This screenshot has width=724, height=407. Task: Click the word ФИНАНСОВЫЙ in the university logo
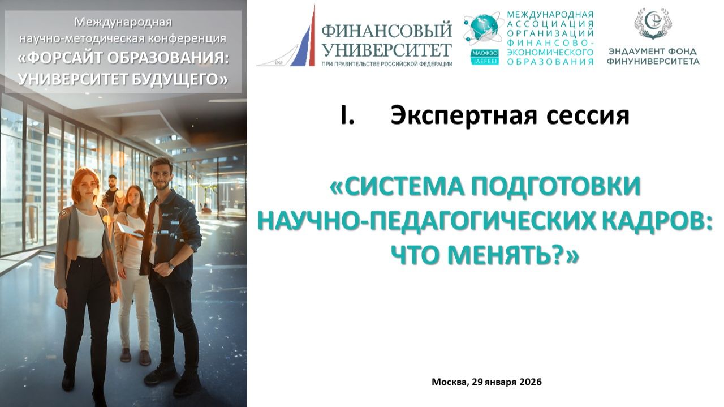point(386,29)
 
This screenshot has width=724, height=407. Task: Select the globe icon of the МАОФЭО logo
point(482,28)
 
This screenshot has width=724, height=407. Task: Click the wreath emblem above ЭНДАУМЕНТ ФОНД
point(652,24)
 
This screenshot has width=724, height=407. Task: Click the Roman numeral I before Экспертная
point(347,115)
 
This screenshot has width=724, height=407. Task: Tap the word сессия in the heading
point(588,115)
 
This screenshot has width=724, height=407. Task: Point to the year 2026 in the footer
point(531,382)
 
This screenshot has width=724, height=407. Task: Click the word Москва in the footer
point(450,382)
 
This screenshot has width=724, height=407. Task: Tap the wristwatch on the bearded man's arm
point(171,265)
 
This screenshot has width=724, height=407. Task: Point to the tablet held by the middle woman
point(128,229)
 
